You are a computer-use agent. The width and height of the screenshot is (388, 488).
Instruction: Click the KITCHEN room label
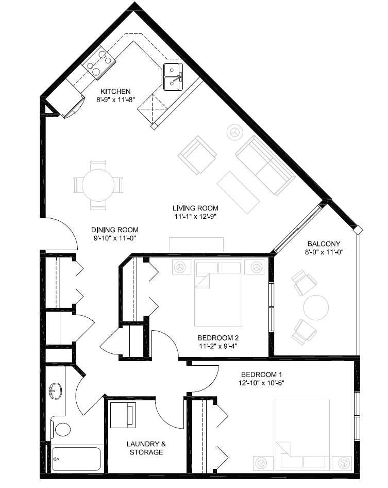[x=115, y=91]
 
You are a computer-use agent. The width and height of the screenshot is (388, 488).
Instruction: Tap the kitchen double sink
[x=173, y=77]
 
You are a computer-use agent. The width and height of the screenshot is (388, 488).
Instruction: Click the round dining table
[x=98, y=186]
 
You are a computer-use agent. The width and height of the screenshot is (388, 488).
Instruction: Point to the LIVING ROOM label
[x=195, y=208]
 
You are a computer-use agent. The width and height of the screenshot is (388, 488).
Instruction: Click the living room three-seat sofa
[x=265, y=166]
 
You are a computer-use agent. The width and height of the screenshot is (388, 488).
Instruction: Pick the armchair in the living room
[x=197, y=155]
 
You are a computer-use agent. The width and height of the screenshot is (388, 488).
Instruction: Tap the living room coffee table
[x=238, y=192]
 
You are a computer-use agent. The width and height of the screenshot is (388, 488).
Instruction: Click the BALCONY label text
[x=324, y=244]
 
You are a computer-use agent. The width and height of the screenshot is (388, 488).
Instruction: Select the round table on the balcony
[x=316, y=307]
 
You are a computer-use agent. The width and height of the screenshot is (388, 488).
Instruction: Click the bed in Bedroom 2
[x=218, y=293]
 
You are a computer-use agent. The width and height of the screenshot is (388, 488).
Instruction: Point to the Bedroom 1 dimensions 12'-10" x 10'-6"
[x=261, y=383]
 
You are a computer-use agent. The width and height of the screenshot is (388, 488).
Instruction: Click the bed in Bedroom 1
[x=303, y=434]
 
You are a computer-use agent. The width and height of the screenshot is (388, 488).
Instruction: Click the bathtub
[x=76, y=459]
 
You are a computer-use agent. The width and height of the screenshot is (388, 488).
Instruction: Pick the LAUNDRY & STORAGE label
[x=146, y=448]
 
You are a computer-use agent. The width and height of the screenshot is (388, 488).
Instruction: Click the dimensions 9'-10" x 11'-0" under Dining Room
[x=115, y=238]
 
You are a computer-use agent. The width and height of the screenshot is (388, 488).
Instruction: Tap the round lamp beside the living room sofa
[x=235, y=133]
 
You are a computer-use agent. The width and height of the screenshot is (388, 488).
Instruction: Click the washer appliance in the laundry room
[x=123, y=415]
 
